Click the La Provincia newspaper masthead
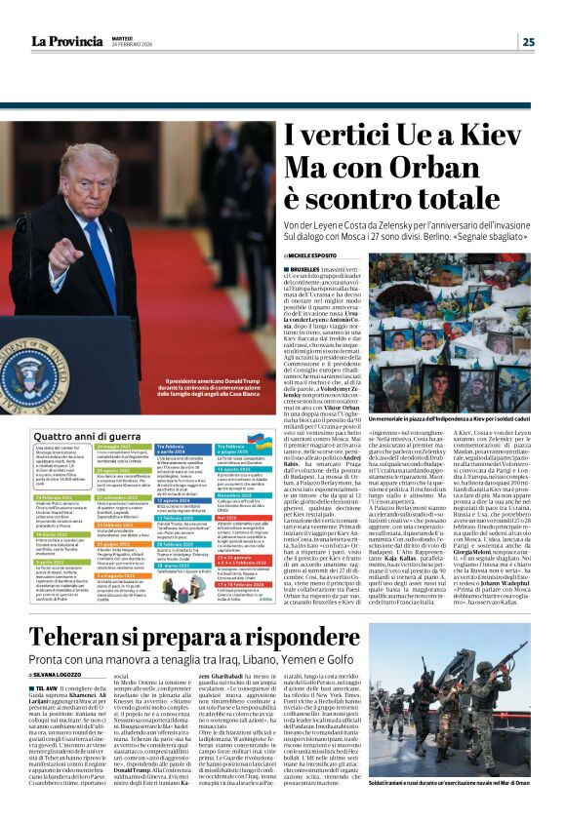point(65,40)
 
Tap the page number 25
point(528,41)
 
